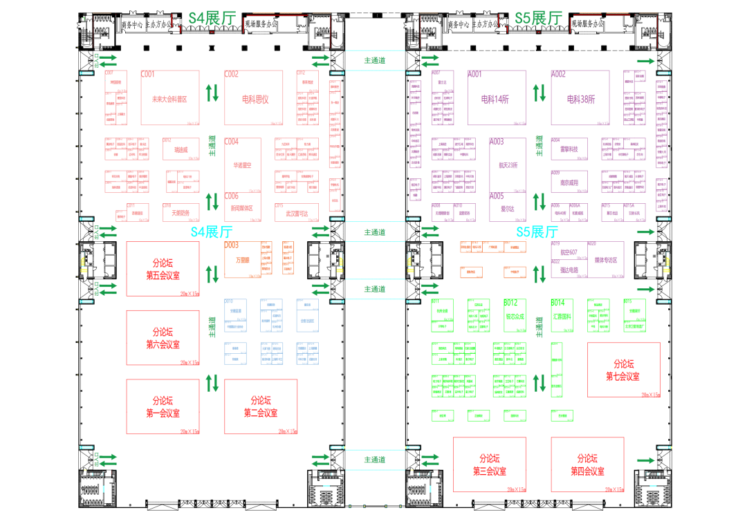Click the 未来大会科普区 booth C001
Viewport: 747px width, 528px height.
[x=169, y=98]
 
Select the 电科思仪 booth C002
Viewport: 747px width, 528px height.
[x=255, y=98]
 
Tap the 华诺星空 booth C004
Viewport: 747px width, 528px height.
[x=243, y=165]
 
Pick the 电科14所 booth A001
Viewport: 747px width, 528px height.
[x=495, y=98]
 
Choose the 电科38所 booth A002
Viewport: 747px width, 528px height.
[x=580, y=98]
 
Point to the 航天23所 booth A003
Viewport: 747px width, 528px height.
[x=508, y=165]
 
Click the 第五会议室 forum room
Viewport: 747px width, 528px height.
[x=163, y=270]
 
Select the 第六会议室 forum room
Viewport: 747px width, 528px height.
[x=163, y=338]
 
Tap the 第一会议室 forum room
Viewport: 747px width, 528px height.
[x=163, y=406]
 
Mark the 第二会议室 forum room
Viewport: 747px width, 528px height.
[x=261, y=406]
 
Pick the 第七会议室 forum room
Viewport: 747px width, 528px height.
[x=623, y=370]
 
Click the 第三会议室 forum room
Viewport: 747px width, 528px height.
[x=489, y=464]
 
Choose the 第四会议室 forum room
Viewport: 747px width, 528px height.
[x=587, y=464]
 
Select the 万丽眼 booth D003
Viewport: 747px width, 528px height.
[x=241, y=260]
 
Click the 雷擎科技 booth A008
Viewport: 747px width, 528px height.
[x=569, y=149]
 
